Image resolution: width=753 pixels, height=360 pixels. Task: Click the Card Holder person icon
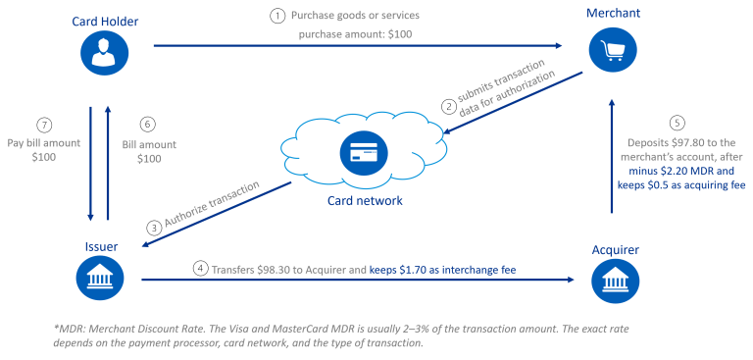pos(104,55)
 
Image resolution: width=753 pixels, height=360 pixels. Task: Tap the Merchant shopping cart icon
pos(613,49)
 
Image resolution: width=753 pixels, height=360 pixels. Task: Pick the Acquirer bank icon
pos(613,282)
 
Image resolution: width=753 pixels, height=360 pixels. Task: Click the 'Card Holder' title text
pos(104,21)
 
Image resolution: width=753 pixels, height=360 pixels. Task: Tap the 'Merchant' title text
pos(614,13)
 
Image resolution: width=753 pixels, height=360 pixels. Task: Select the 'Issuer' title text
pos(103,245)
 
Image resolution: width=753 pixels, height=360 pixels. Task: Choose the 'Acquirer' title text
pos(615,250)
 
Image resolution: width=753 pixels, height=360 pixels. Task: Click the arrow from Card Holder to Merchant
pos(353,46)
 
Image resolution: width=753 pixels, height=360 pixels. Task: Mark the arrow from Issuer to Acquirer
pos(353,281)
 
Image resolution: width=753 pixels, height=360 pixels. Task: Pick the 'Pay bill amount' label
pos(43,143)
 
